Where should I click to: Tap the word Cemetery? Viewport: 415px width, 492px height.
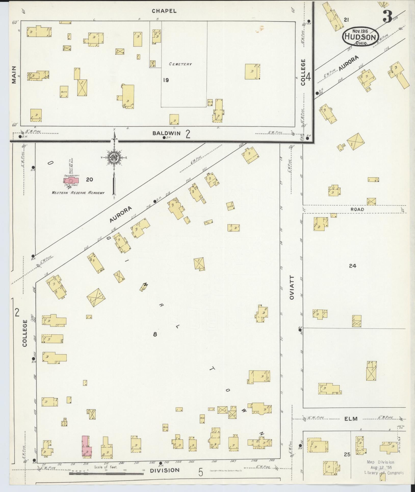pyautogui.click(x=180, y=64)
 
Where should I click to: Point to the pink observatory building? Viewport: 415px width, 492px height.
pyautogui.click(x=71, y=181)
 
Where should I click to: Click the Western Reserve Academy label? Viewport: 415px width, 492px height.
pyautogui.click(x=78, y=193)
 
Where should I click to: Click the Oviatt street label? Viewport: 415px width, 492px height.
pyautogui.click(x=292, y=288)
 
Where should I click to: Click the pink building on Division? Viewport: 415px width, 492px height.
pyautogui.click(x=86, y=447)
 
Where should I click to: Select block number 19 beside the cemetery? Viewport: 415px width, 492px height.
pyautogui.click(x=166, y=80)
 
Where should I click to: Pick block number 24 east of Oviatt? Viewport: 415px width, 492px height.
pyautogui.click(x=352, y=266)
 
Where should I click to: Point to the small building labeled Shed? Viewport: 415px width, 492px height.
pyautogui.click(x=230, y=206)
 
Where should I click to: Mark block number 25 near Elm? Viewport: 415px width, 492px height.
pyautogui.click(x=347, y=454)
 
